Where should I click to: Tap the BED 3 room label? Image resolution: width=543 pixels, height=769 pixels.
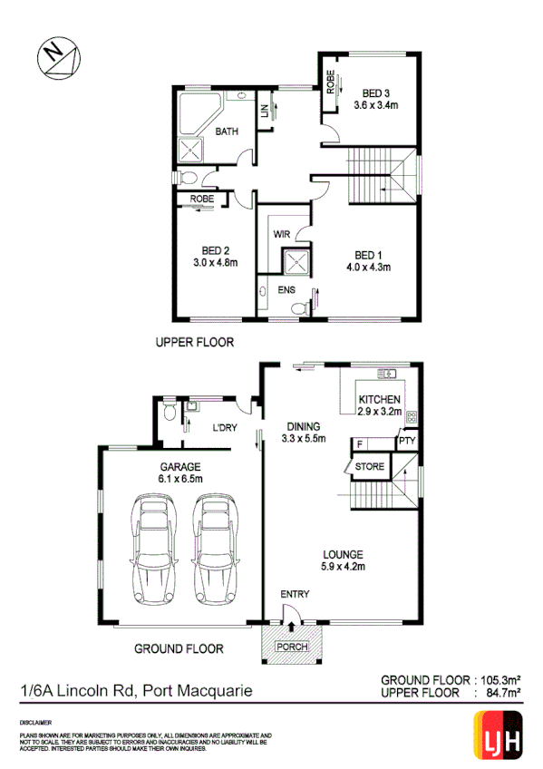[376, 92]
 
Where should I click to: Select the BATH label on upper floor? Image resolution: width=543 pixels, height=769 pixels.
[227, 131]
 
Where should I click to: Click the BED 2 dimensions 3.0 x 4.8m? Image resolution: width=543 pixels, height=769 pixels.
[215, 263]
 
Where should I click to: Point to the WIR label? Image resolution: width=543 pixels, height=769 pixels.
[281, 234]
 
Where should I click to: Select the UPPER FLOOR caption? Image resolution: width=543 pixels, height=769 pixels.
[195, 343]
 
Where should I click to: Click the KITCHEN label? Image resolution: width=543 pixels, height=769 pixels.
[380, 399]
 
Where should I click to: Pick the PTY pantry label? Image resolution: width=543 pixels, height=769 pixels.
[407, 443]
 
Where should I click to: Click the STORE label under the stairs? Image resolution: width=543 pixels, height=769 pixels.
[370, 467]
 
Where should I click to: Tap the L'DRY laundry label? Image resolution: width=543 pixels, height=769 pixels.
[224, 428]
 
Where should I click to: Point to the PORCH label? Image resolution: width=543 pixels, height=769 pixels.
[293, 647]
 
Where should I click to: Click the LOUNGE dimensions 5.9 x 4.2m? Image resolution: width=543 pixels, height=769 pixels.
[341, 568]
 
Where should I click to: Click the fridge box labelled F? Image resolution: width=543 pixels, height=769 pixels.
[360, 443]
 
